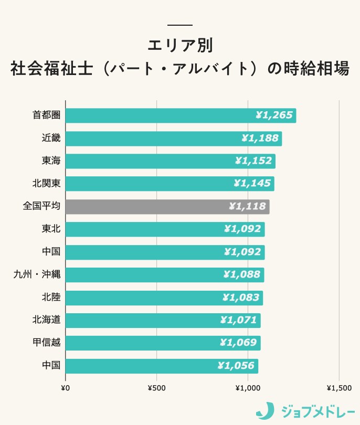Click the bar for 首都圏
(181, 115)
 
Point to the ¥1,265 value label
(273, 115)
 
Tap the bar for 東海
(170, 161)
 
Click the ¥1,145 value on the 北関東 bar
(252, 184)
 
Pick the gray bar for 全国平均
(167, 207)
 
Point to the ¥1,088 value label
(241, 275)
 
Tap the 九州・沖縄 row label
(37, 274)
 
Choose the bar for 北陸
(164, 297)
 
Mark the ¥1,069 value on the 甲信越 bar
(238, 343)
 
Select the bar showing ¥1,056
(162, 366)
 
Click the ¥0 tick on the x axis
(66, 388)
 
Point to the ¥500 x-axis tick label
(156, 388)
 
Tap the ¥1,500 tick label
(339, 388)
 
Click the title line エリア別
(180, 45)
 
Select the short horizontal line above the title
(180, 25)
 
